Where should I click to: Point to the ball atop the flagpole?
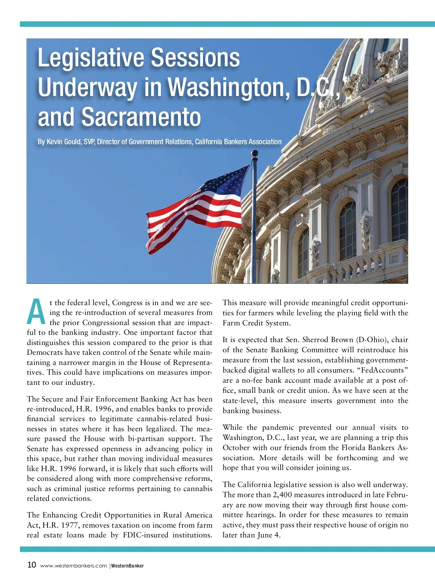(x=254, y=154)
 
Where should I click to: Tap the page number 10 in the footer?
(x=32, y=565)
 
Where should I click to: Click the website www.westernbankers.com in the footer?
(x=74, y=566)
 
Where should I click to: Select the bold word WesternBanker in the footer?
(x=128, y=566)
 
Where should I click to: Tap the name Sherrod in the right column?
(x=318, y=340)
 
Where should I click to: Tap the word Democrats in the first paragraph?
(x=45, y=352)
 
